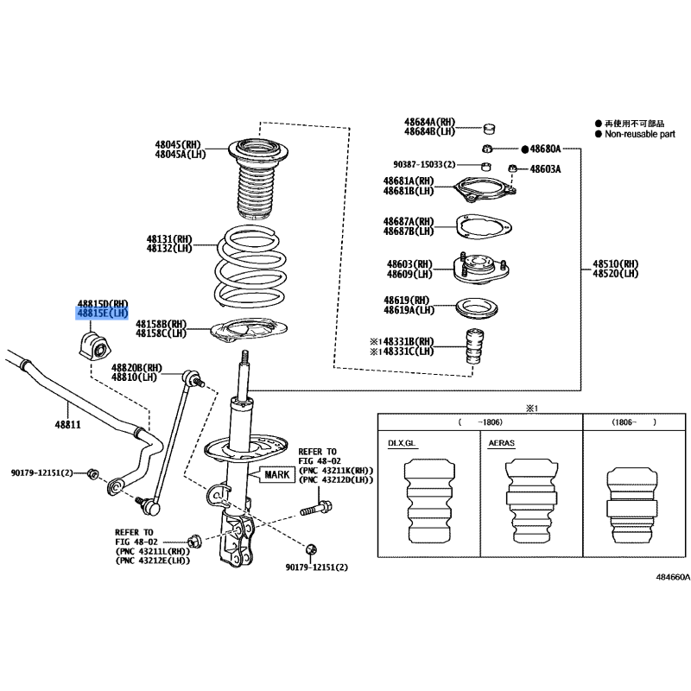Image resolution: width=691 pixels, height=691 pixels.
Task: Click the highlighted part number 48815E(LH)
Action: coord(102,313)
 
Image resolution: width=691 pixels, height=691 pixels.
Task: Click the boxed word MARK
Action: coord(277,474)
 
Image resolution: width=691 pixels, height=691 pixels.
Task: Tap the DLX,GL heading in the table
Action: coord(403,442)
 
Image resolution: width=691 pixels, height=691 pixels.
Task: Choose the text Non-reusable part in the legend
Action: coord(638,134)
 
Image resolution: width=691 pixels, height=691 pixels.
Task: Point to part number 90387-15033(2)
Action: coord(432,164)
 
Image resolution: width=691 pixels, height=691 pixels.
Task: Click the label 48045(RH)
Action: coord(178,144)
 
